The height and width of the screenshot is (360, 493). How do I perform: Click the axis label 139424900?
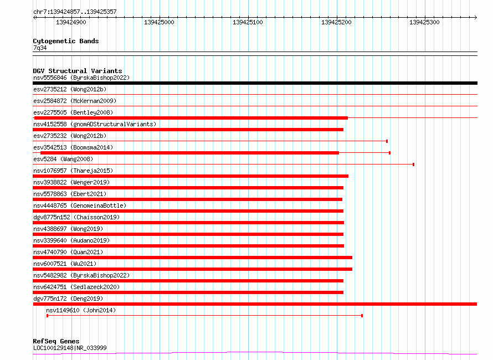[x=71, y=22]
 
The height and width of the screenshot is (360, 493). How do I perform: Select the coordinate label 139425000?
[x=159, y=22]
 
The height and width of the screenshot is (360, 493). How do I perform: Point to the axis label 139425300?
[x=424, y=22]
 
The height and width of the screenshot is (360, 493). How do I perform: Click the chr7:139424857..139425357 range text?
[x=75, y=12]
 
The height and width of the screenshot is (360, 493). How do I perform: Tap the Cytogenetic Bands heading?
[x=66, y=41]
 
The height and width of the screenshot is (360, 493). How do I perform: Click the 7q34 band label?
[x=40, y=48]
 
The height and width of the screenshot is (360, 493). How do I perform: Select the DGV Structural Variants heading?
[x=78, y=71]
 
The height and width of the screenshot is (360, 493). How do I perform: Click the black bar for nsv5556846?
[x=255, y=83]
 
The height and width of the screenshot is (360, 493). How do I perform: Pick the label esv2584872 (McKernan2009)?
[x=75, y=101]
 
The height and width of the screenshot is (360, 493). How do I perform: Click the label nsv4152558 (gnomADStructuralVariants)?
[x=95, y=124]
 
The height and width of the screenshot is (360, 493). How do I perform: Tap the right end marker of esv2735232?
[x=387, y=141]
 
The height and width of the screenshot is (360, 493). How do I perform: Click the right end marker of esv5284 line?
[x=413, y=164]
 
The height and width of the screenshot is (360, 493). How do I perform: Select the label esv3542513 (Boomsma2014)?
[x=73, y=147]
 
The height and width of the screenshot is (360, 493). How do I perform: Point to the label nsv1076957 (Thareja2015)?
[x=73, y=171]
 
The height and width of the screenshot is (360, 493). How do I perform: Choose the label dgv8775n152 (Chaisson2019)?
[x=76, y=217]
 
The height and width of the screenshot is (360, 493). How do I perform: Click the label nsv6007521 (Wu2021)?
[x=65, y=264]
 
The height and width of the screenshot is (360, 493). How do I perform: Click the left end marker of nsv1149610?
[x=47, y=316]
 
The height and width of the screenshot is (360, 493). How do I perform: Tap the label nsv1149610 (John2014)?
[x=81, y=310]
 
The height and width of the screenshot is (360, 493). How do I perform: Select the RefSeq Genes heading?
[x=56, y=341]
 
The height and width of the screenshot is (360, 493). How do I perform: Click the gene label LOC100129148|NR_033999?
[x=70, y=348]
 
